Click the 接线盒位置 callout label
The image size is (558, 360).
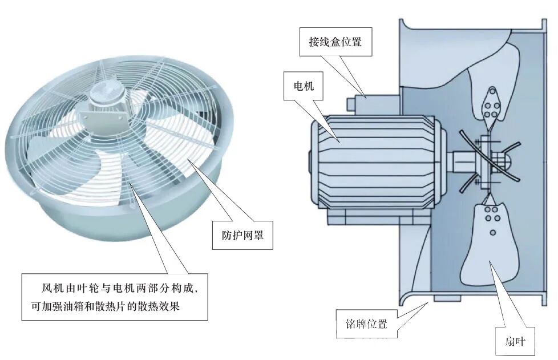336,42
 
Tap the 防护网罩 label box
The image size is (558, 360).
242,235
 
